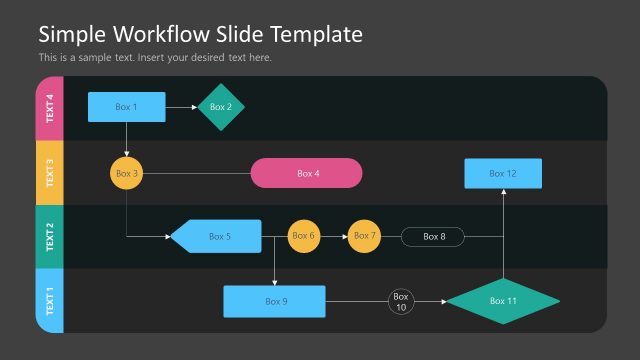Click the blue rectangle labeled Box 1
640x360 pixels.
click(126, 107)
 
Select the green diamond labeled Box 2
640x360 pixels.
click(221, 107)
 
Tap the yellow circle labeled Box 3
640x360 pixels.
click(126, 173)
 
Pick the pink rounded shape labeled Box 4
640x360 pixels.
click(306, 173)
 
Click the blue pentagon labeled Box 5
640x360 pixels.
click(216, 236)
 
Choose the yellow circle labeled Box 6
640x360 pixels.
click(304, 236)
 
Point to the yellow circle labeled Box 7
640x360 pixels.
click(365, 236)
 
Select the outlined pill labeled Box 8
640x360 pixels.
click(434, 237)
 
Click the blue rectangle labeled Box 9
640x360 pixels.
click(274, 301)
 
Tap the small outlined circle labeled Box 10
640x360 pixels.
click(401, 301)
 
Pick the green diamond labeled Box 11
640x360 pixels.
click(502, 301)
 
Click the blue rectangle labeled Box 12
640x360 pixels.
click(503, 173)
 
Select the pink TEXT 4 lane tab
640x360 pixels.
click(50, 108)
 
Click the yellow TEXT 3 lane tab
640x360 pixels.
click(50, 172)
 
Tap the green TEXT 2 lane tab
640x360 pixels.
click(50, 236)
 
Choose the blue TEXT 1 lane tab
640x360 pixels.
click(50, 300)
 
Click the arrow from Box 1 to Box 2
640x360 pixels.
click(181, 107)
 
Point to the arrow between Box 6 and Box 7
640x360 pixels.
click(334, 236)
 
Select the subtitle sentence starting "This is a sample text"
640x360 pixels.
click(155, 57)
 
